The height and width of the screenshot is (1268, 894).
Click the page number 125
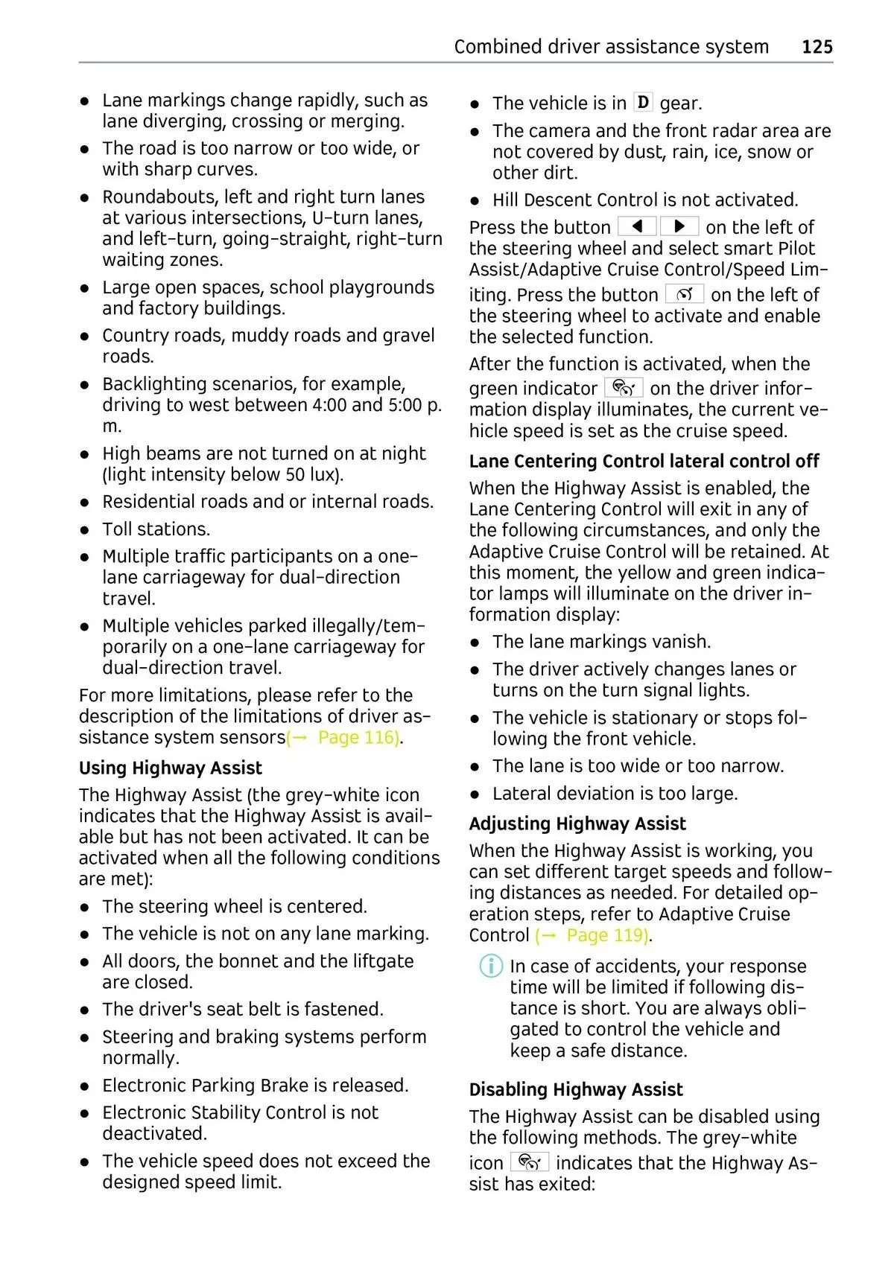(817, 47)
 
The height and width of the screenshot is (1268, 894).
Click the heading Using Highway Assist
(171, 768)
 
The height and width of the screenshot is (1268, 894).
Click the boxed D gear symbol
(643, 102)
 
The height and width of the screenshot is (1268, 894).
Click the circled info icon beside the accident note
(490, 966)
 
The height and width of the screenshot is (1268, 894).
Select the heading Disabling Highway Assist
(576, 1089)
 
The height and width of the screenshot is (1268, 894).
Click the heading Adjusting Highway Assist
(577, 823)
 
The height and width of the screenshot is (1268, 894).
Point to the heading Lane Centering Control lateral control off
(644, 461)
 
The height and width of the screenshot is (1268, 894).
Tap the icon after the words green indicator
(624, 388)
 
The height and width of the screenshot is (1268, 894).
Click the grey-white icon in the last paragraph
(530, 1162)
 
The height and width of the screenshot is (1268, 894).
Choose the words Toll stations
(156, 529)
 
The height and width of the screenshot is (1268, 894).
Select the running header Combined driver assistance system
(611, 47)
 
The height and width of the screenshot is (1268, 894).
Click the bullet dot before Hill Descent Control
(475, 200)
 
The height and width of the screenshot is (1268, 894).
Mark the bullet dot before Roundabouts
(86, 197)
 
